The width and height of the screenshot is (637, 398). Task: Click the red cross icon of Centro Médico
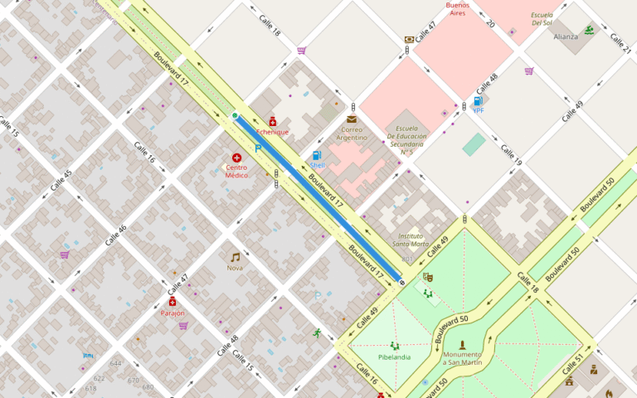[236, 158]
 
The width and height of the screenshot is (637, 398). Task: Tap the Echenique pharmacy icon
[273, 121]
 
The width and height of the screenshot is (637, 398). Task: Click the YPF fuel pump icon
[478, 101]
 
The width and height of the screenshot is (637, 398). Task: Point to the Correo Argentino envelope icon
[352, 119]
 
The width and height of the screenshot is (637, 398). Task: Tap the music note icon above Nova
[235, 257]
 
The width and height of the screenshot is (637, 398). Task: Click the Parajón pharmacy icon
[173, 303]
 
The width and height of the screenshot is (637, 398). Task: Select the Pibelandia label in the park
[394, 357]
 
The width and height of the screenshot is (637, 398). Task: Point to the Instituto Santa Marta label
[411, 240]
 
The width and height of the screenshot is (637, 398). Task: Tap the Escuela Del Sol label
[542, 19]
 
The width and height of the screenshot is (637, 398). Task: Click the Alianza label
[566, 36]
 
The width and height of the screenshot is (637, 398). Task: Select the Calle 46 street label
[116, 235]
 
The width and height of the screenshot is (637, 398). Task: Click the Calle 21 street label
[620, 44]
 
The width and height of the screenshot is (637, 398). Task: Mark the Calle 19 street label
[511, 155]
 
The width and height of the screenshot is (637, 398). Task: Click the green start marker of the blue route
[235, 115]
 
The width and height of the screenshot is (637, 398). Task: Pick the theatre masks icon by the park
[427, 277]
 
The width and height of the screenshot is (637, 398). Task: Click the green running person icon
[317, 333]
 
